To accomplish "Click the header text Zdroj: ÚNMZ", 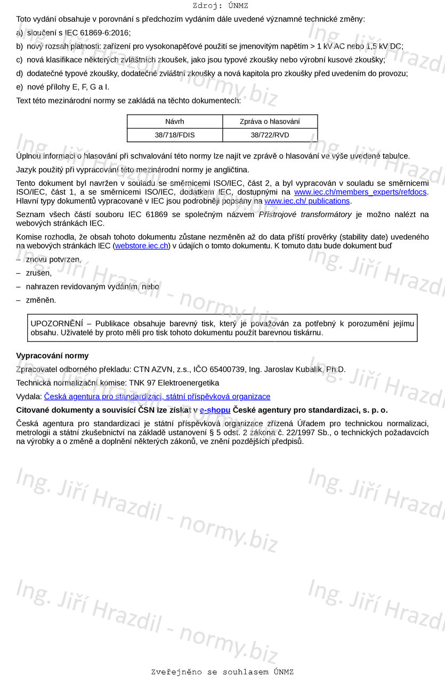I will click(x=220, y=6).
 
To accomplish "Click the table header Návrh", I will click(x=175, y=122).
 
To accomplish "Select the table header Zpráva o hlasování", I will click(x=270, y=122).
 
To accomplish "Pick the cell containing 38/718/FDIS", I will click(x=175, y=135).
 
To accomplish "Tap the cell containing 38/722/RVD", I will click(x=270, y=135).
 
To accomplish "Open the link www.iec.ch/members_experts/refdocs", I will click(x=360, y=192).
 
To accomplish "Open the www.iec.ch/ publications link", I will click(x=307, y=201).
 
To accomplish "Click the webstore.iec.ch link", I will click(x=142, y=245).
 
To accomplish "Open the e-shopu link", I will click(x=215, y=410).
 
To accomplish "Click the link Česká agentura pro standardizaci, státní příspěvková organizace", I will click(x=157, y=396).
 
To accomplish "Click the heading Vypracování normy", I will click(x=52, y=356).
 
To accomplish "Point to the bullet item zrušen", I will click(x=38, y=273).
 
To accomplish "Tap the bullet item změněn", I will click(x=41, y=300).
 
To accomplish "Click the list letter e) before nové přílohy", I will click(x=20, y=87).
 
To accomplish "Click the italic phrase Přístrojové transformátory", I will click(x=305, y=214).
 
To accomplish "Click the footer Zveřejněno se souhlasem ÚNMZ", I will click(x=222, y=672).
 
